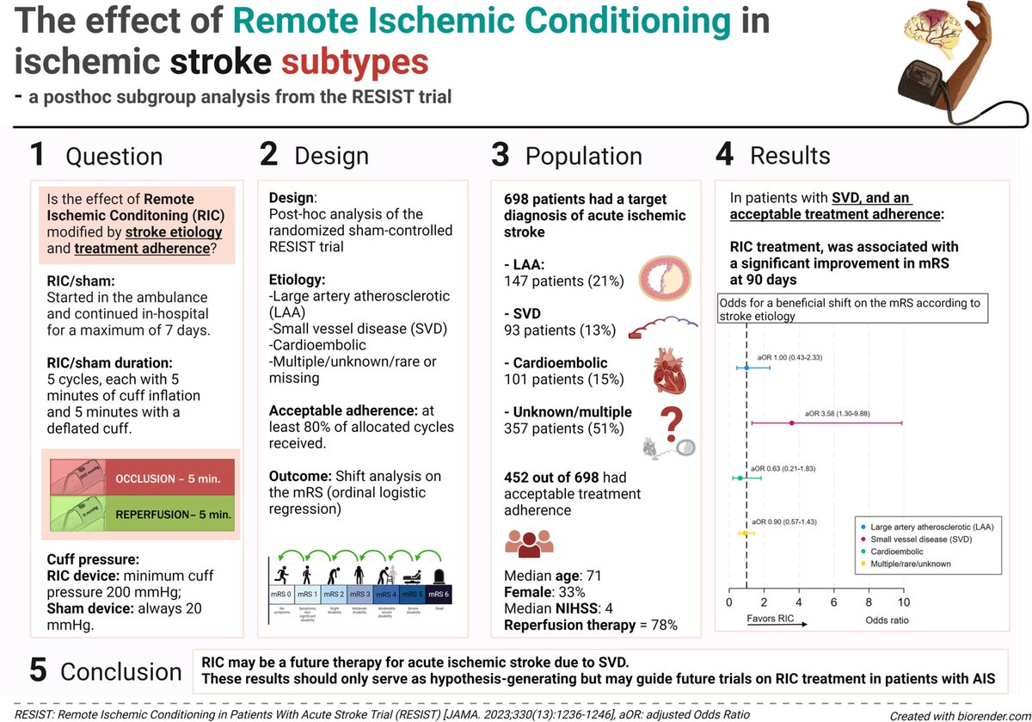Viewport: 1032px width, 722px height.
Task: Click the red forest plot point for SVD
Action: (792, 423)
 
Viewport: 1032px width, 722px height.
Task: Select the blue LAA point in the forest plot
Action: (746, 367)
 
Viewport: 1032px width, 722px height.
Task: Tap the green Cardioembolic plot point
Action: (740, 478)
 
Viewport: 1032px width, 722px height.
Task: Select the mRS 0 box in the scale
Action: (281, 594)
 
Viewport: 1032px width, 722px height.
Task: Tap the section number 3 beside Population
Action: (501, 156)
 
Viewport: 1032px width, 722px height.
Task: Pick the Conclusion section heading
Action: (121, 671)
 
